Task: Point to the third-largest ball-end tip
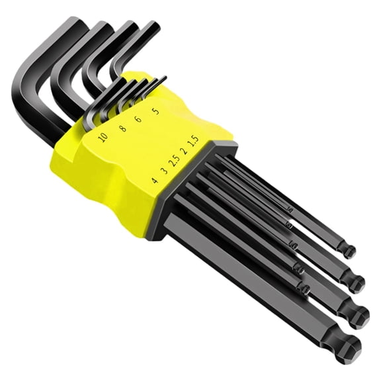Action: point(357,283)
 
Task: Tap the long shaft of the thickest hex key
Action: point(251,278)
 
